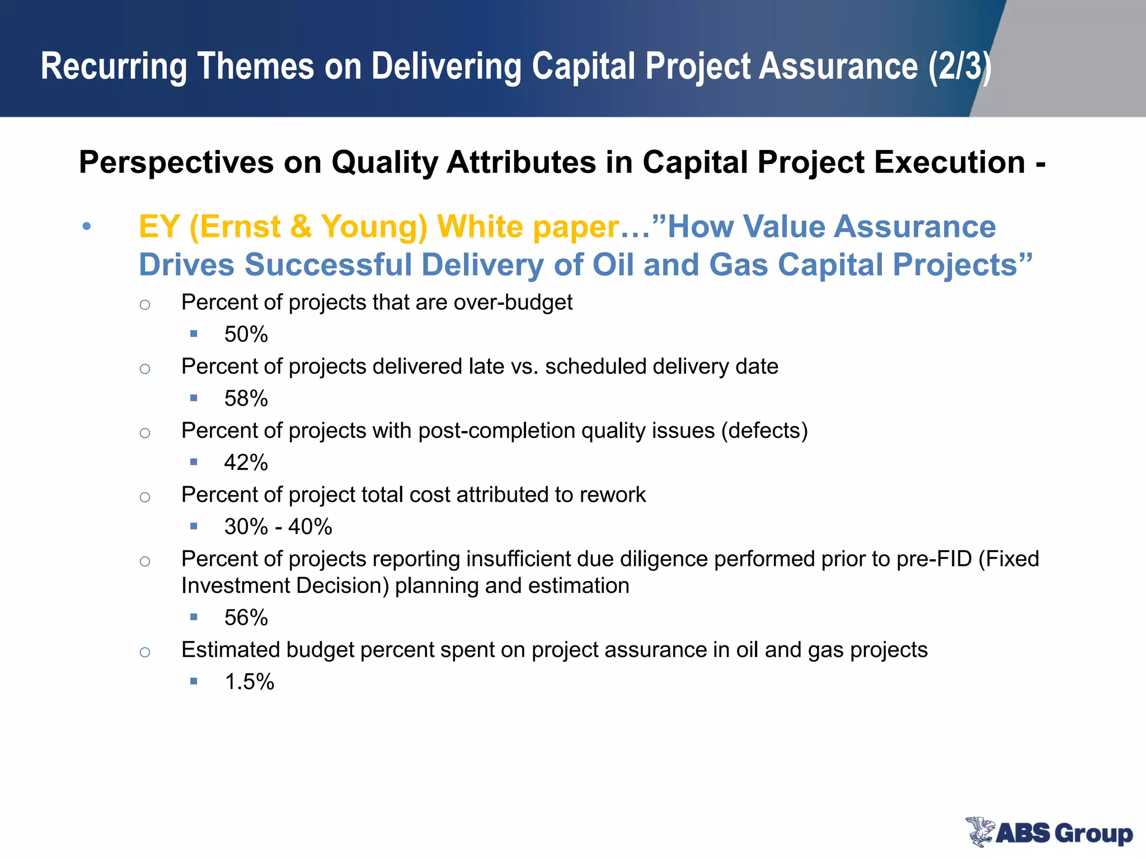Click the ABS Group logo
click(x=1049, y=832)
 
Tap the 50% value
click(x=246, y=334)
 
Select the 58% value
click(x=246, y=399)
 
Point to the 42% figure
click(x=246, y=463)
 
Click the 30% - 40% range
click(x=278, y=527)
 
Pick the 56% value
click(x=246, y=618)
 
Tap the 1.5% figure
click(x=249, y=682)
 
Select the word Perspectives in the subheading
click(x=176, y=163)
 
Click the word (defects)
click(x=764, y=431)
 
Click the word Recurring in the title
click(x=114, y=67)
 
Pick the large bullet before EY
click(x=86, y=227)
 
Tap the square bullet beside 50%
click(x=194, y=334)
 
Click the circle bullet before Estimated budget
click(x=145, y=652)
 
